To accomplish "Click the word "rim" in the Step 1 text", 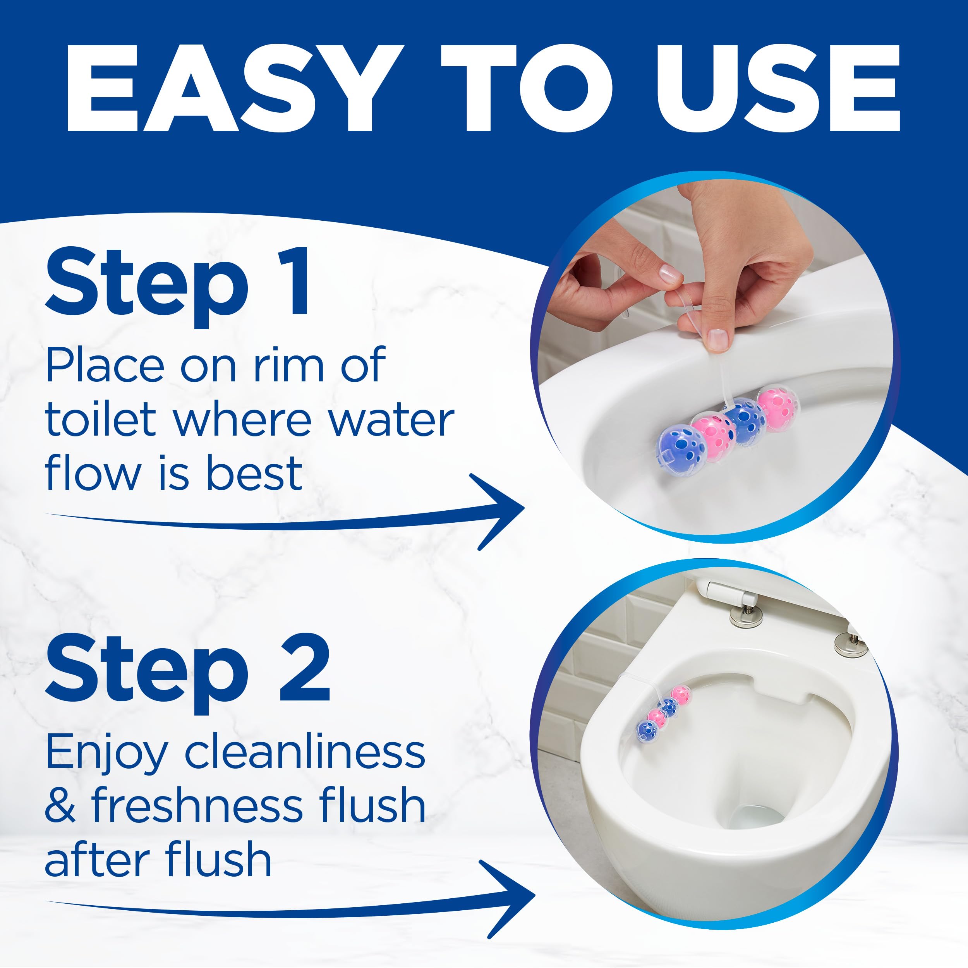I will [288, 366].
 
